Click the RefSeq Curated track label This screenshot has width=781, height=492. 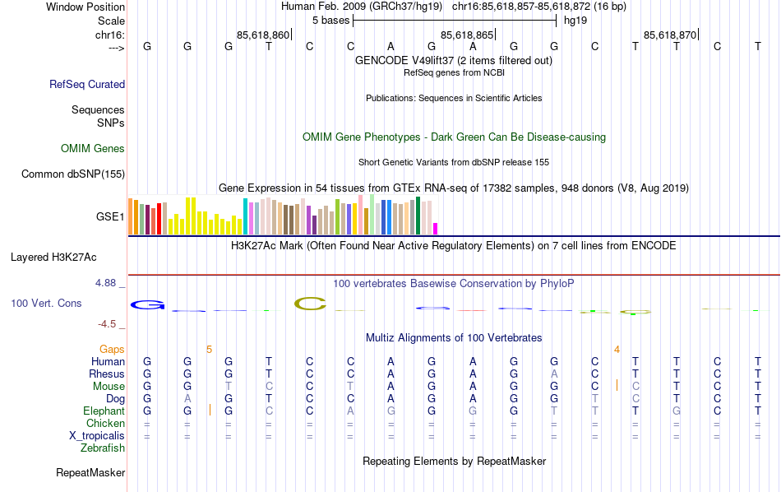tap(87, 84)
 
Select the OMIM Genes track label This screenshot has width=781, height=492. tap(93, 149)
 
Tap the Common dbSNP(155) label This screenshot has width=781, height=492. tap(73, 174)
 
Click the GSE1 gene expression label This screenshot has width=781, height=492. tap(110, 217)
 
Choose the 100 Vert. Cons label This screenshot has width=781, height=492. tap(46, 304)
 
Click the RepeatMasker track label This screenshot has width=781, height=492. tap(90, 473)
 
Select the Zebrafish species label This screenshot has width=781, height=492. tap(103, 448)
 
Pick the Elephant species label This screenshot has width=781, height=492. tap(104, 411)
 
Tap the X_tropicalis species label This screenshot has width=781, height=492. tap(97, 435)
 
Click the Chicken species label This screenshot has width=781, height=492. tap(105, 423)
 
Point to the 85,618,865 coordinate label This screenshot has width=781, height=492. tap(467, 35)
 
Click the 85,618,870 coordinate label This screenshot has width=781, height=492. tap(670, 35)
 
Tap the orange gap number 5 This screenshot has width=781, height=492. tap(209, 350)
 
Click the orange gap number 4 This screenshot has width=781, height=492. tap(617, 350)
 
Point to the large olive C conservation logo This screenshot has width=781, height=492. tap(310, 304)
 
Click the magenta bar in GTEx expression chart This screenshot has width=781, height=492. tap(436, 229)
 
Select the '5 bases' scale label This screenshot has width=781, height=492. tap(330, 21)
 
